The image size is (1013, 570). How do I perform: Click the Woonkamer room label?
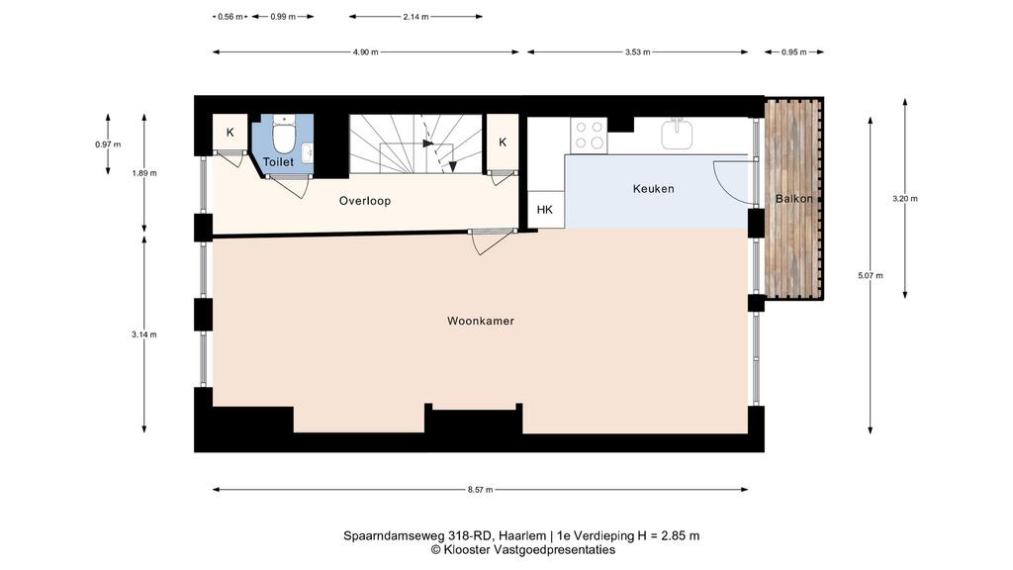coord(481,322)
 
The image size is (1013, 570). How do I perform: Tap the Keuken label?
coord(653,189)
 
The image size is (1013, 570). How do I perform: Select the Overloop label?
coord(365,201)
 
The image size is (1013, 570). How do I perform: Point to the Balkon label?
coord(794,198)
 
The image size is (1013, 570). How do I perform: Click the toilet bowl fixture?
coord(283,134)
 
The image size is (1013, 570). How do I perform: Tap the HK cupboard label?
coord(545,210)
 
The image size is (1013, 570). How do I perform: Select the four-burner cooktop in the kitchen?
coord(589,136)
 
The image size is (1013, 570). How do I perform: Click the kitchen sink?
coord(677,134)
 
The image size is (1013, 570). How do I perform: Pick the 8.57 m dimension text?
coord(480,490)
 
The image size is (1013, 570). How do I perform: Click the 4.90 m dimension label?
coord(365,52)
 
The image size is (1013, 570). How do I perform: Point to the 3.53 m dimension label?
coord(637,52)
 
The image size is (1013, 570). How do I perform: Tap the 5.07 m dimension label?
coord(871,275)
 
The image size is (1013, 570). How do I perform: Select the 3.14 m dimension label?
coord(144,334)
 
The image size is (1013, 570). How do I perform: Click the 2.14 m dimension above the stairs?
coord(415,17)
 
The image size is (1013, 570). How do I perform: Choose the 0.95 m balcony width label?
coord(794,52)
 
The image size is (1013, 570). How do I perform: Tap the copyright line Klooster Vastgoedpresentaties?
coord(522,550)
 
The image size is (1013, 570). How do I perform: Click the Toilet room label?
coord(278,162)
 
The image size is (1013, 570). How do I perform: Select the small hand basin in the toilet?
coord(308,153)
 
